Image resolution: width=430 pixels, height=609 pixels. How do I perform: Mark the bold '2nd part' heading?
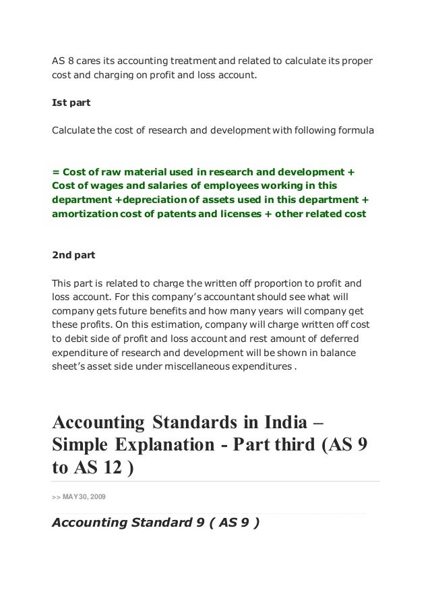73,256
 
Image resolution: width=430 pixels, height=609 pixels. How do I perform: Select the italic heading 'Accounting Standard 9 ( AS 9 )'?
155,523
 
